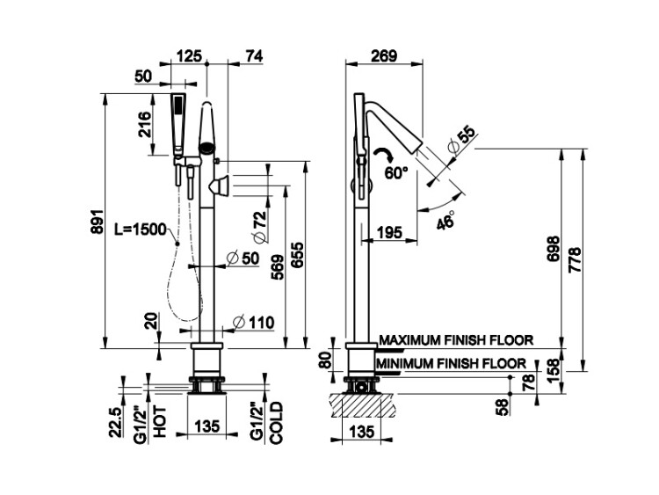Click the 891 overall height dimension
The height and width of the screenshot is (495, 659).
point(97,222)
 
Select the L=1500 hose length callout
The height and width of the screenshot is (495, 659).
point(141,229)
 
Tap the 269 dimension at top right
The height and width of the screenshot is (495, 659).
point(384,55)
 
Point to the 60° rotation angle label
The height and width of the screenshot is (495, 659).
point(395,172)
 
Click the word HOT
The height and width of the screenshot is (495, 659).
point(160,421)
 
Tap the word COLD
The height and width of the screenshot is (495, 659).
point(276,423)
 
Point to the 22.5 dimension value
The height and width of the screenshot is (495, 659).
point(116,422)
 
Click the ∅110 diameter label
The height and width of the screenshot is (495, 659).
point(253,323)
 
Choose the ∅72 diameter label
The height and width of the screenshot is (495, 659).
point(261,227)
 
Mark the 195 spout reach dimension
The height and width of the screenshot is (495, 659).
point(389,232)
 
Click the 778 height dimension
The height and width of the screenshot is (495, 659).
point(575,259)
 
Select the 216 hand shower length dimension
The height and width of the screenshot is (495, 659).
point(145,124)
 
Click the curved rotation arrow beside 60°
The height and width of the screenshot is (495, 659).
point(384,154)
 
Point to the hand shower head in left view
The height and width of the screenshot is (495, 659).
point(178,125)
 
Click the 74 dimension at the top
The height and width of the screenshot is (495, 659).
point(253,56)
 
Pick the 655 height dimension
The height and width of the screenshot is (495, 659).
point(297,254)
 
